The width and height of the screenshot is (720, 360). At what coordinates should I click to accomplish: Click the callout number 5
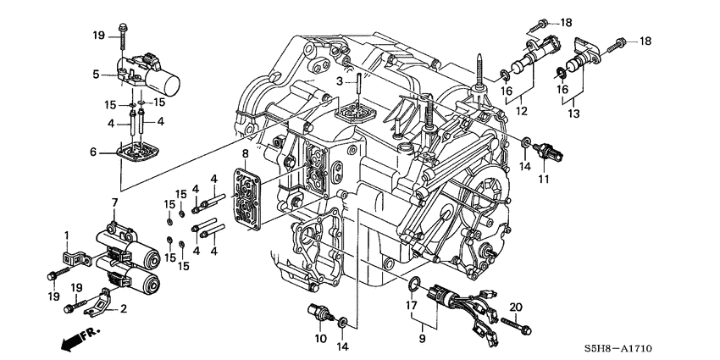pyautogui.click(x=97, y=74)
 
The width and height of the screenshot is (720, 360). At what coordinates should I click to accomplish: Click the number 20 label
pyautogui.click(x=516, y=306)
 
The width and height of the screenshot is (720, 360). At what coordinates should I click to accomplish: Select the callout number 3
pyautogui.click(x=339, y=81)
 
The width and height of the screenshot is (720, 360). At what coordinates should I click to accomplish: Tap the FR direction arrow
pyautogui.click(x=77, y=336)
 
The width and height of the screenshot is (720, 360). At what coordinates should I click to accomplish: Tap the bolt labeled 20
pyautogui.click(x=515, y=326)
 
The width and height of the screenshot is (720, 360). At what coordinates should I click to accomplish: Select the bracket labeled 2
pyautogui.click(x=98, y=297)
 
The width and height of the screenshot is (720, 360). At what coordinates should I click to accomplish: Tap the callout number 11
pyautogui.click(x=543, y=180)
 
